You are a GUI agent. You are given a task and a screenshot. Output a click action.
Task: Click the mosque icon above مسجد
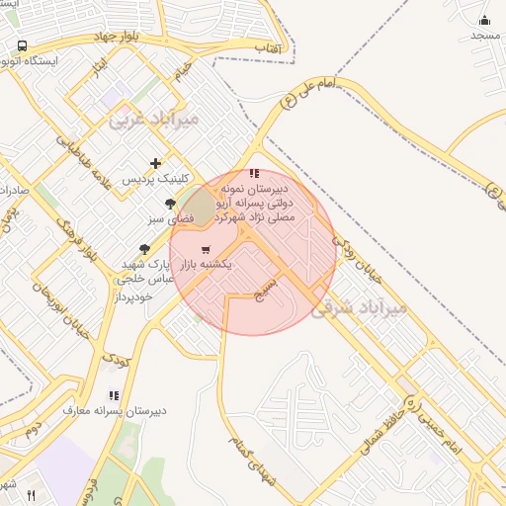pyautogui.click(x=484, y=20)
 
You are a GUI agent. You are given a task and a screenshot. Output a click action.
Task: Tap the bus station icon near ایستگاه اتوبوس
pyautogui.click(x=22, y=45)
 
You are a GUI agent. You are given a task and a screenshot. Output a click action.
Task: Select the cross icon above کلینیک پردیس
pyautogui.click(x=155, y=163)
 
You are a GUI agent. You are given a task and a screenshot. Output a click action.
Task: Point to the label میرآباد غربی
pyautogui.click(x=153, y=119)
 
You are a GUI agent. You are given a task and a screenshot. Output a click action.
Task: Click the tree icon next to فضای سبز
pyautogui.click(x=170, y=204)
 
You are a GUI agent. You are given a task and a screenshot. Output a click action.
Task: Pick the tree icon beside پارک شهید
pyautogui.click(x=144, y=249)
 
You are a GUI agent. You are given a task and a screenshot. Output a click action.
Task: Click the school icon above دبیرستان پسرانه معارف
pyautogui.click(x=113, y=395)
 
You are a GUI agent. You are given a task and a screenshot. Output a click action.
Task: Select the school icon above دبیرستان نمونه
pyautogui.click(x=254, y=173)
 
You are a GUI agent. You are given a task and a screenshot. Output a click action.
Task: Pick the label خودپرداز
pyautogui.click(x=134, y=296)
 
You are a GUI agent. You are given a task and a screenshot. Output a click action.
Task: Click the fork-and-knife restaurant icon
pyautogui.click(x=31, y=495)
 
